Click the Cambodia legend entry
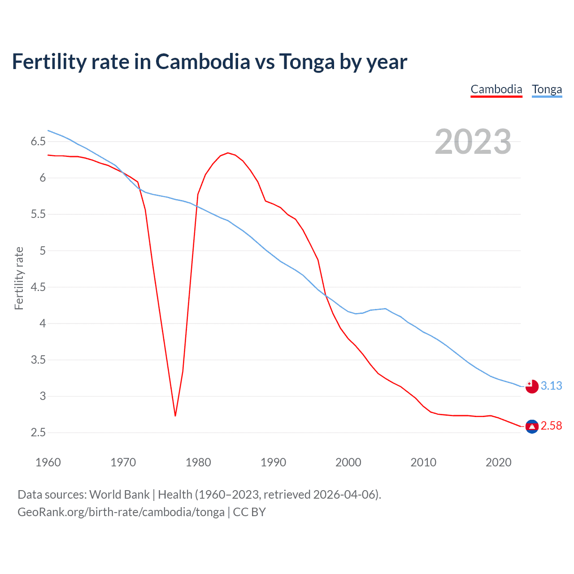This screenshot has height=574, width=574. (x=496, y=89)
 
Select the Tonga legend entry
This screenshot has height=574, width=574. (x=547, y=89)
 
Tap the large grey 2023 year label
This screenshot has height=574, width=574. (x=473, y=142)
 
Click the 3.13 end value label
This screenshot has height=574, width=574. (x=551, y=386)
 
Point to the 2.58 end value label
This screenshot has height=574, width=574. (x=551, y=426)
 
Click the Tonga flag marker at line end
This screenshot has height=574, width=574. (x=532, y=386)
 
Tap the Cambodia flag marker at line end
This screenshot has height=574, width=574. (x=532, y=426)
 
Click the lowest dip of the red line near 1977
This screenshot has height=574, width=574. (x=175, y=416)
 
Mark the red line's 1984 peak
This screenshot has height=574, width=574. (x=228, y=153)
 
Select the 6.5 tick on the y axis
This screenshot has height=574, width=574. (x=38, y=142)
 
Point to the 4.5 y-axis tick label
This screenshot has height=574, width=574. (x=38, y=287)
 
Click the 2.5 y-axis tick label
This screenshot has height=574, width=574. (x=38, y=433)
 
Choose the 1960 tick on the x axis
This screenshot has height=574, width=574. (x=48, y=462)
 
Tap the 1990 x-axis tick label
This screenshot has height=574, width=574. (x=273, y=462)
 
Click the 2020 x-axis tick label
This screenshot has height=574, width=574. (x=498, y=462)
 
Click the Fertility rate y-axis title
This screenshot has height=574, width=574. (x=19, y=278)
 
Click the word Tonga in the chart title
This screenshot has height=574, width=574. (x=307, y=61)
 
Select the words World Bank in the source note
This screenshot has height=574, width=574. (x=119, y=495)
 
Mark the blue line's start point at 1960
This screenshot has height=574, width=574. (x=48, y=130)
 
